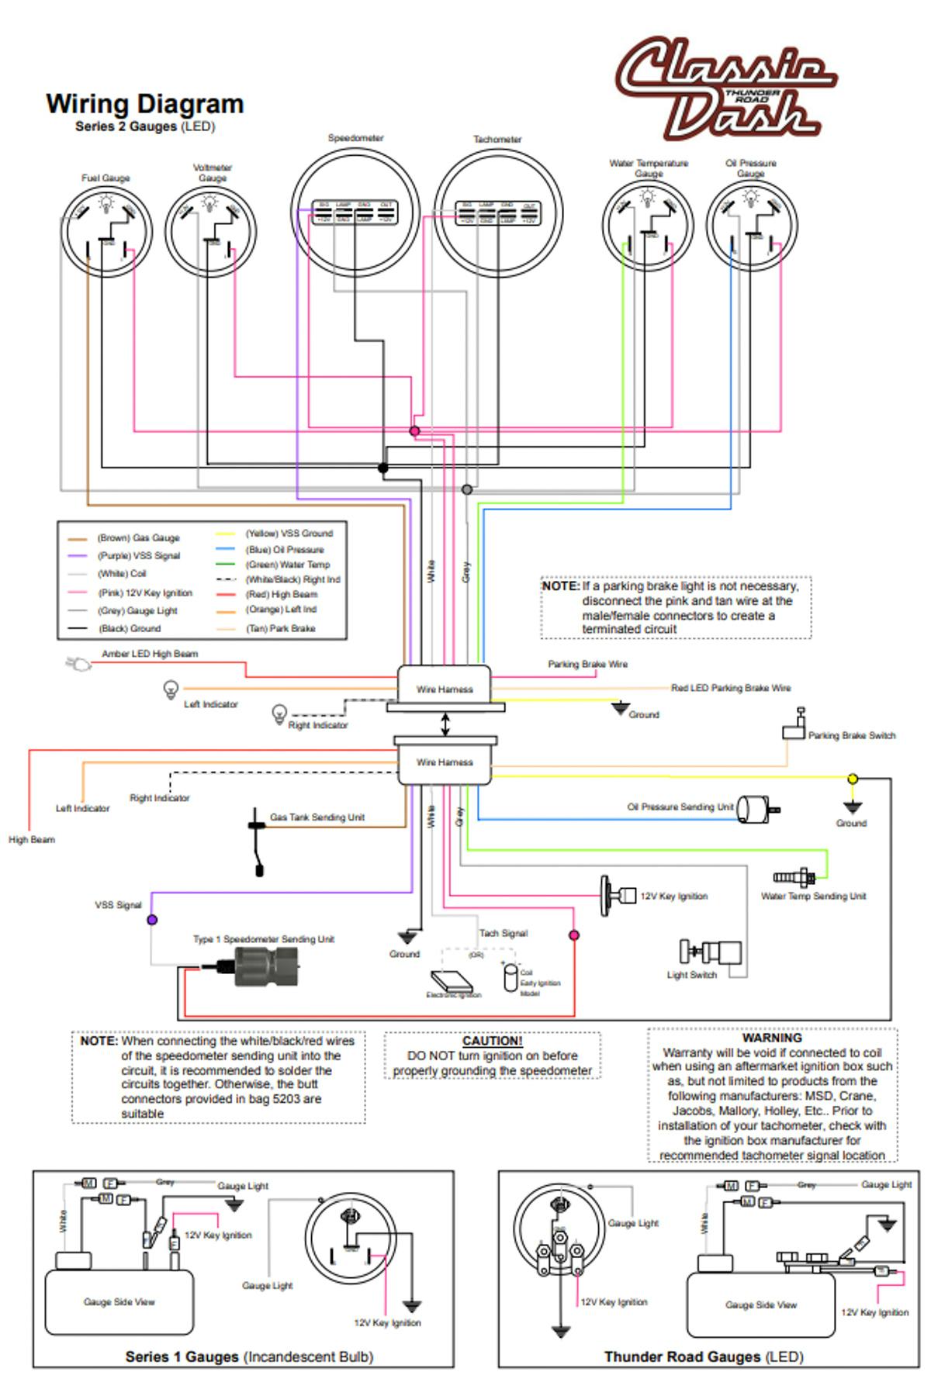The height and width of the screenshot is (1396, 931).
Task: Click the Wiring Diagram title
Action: point(145,104)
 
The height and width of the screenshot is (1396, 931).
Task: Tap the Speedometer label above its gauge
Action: point(355,138)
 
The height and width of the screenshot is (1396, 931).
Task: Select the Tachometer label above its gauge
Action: point(497,140)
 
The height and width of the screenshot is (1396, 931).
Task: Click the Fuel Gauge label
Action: point(106,178)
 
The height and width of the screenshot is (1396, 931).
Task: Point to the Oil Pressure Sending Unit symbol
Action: point(756,809)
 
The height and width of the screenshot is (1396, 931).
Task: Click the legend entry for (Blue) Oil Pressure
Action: point(285,550)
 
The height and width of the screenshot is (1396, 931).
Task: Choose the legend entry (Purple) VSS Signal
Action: point(138,556)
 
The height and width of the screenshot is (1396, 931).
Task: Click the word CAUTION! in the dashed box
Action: point(492,1042)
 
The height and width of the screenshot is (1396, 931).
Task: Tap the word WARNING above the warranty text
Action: point(771,1038)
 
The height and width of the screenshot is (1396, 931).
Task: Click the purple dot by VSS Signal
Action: point(152,920)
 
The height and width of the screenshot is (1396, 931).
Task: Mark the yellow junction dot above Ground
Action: point(853,779)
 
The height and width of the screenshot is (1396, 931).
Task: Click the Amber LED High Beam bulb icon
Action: point(78,664)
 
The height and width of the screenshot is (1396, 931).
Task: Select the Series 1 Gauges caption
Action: point(249,1356)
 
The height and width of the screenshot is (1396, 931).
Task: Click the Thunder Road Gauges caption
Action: point(704,1356)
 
